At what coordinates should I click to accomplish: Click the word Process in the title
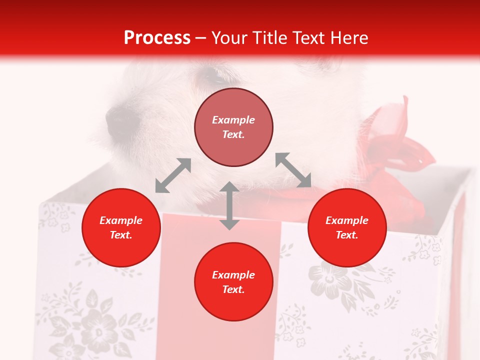(157, 38)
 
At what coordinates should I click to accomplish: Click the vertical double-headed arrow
(229, 205)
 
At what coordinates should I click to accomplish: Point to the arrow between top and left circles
(173, 175)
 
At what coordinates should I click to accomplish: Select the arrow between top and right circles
(293, 170)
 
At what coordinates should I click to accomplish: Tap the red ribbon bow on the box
(400, 145)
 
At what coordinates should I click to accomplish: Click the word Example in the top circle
(233, 120)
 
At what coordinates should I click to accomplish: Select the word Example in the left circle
(121, 220)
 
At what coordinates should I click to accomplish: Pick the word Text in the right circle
(347, 235)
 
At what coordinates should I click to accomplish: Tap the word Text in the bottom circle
(233, 289)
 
